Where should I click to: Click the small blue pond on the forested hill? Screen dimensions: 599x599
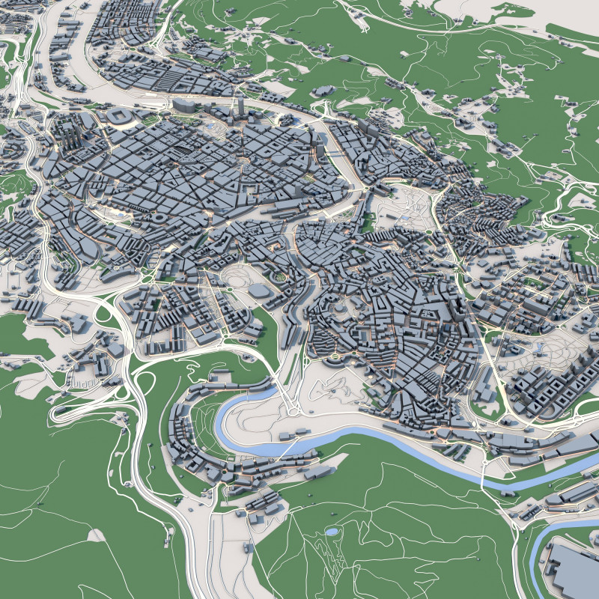point(331,532)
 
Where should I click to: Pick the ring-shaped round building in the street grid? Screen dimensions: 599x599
point(159,218)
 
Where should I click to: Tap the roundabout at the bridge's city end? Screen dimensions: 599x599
point(292,408)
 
